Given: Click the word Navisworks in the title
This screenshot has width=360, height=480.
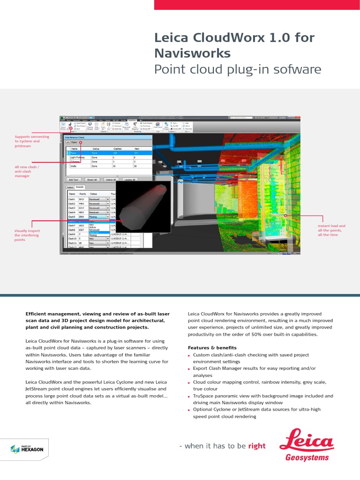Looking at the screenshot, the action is point(192,53).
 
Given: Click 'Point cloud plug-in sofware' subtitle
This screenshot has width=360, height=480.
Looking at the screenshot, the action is point(238,70).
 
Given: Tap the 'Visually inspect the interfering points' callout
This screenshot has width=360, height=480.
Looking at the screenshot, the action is point(27,235).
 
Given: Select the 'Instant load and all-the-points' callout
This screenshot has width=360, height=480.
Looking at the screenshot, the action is point(331,230).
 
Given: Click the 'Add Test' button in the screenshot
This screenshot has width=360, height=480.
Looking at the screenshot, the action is point(74,180).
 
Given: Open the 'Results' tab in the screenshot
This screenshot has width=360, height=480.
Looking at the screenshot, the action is point(80,187).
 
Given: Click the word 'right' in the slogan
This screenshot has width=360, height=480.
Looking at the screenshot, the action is point(257,446).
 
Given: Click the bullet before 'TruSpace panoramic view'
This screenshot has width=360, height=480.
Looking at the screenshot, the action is point(189,396).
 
